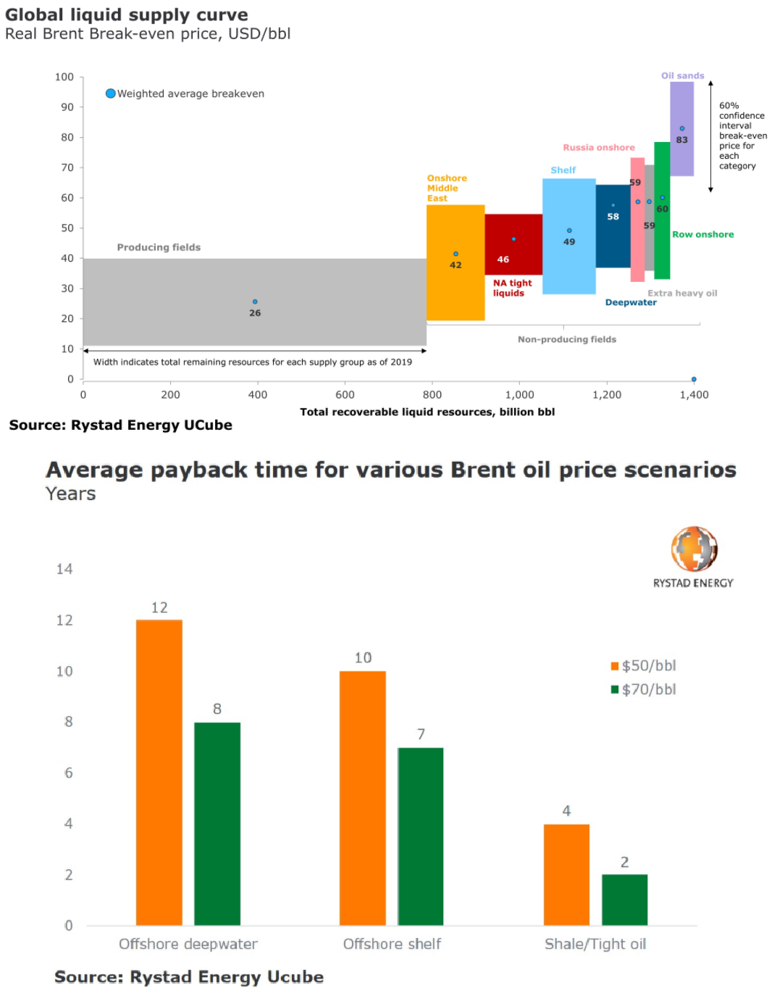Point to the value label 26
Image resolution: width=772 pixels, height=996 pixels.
click(255, 313)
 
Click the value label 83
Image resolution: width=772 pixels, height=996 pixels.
click(681, 140)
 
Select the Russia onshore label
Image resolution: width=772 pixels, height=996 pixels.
click(599, 147)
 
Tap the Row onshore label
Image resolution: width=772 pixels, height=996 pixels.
click(702, 234)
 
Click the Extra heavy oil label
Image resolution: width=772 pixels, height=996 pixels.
click(682, 293)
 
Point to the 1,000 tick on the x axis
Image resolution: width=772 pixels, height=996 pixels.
click(519, 395)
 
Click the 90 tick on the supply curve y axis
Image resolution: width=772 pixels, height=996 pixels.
click(67, 107)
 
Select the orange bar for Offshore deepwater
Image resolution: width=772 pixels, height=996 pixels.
click(159, 772)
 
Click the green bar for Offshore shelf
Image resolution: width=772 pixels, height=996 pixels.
click(421, 836)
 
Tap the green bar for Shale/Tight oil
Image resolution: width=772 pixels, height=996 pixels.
click(624, 900)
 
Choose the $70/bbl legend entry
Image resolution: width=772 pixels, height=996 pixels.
click(644, 689)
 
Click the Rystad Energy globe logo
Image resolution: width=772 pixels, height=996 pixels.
click(694, 549)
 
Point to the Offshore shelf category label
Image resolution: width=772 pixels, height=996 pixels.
click(392, 944)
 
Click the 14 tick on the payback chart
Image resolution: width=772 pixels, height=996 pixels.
click(64, 569)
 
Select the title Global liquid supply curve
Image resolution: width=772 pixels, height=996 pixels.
click(127, 14)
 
